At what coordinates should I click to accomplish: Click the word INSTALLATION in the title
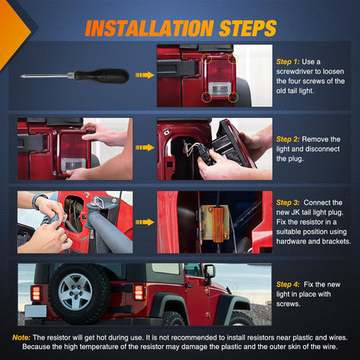tap(149, 28)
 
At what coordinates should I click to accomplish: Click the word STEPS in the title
tap(247, 28)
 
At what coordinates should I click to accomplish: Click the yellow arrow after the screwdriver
tap(145, 75)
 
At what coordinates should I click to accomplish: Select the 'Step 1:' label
tap(288, 62)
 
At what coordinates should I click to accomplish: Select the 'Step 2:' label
tap(288, 139)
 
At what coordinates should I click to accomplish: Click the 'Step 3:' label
tap(288, 203)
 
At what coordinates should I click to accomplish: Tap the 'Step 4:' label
tap(288, 285)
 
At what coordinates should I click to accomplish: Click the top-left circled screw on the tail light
tap(207, 59)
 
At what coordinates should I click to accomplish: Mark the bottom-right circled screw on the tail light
tap(233, 97)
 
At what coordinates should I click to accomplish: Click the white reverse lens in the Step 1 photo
tap(220, 89)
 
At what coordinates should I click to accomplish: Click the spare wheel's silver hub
tap(75, 292)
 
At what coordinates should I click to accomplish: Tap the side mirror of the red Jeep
tap(211, 272)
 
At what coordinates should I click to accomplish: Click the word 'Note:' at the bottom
tap(21, 337)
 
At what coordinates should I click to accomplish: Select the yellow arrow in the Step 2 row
tap(145, 148)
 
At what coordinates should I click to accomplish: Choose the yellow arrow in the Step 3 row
tap(145, 222)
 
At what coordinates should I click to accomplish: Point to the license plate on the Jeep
tap(36, 311)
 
